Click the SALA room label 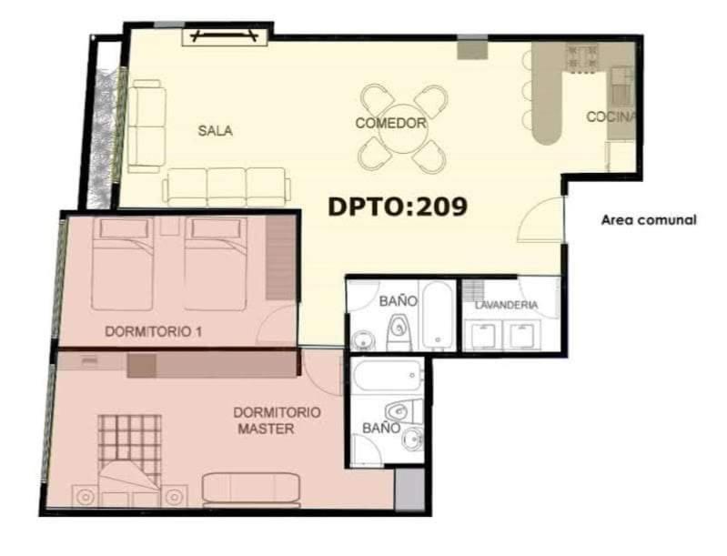point(215,131)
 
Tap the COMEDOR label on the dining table point(391,123)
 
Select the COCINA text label point(611,116)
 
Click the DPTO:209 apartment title point(398,207)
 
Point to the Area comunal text point(649,220)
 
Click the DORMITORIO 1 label point(154,331)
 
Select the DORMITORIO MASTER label point(277,420)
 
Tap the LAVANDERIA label point(506,305)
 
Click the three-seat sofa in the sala point(227,187)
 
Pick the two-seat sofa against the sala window point(146,126)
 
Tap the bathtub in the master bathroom point(387,376)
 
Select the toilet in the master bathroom point(404,410)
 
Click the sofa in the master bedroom point(251,489)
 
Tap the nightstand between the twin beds point(170,227)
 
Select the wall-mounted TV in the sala point(225,35)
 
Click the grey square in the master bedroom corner point(409,490)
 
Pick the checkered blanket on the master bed point(130,445)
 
